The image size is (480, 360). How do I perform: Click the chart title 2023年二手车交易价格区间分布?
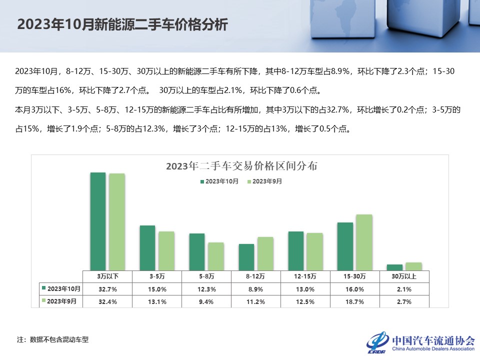tap(241, 166)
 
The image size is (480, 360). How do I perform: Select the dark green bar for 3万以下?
tap(98, 221)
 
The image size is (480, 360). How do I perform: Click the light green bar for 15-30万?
tap(364, 242)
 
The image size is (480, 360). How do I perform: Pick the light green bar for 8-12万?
tap(265, 253)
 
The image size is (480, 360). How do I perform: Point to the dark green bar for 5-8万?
tap(197, 251)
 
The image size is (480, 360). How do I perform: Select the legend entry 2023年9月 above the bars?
tap(265, 181)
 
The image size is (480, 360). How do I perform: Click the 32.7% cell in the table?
tap(107, 289)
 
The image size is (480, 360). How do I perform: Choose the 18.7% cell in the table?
tap(355, 301)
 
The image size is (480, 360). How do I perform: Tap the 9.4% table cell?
tap(206, 301)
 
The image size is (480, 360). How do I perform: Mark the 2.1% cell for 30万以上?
tap(404, 289)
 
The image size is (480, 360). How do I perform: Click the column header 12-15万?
tap(305, 276)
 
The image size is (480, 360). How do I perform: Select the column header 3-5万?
tap(156, 276)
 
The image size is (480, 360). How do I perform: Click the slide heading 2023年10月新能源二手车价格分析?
tap(122, 25)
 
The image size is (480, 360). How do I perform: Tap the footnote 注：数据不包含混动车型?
tap(52, 339)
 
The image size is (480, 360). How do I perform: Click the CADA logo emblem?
tap(377, 341)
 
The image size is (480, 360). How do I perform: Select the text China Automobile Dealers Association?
tap(433, 349)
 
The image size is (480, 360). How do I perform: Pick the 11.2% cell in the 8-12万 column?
tap(255, 301)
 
